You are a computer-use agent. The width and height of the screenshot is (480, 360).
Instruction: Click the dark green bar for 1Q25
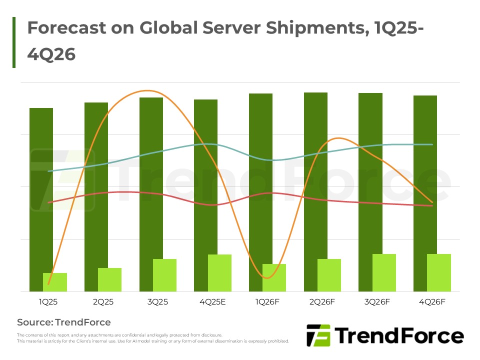coord(41,190)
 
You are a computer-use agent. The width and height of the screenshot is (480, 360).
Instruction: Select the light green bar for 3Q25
coord(164,275)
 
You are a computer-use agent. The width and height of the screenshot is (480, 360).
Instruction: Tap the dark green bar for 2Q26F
coord(315,175)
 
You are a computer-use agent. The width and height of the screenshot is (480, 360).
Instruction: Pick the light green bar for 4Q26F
coord(439,272)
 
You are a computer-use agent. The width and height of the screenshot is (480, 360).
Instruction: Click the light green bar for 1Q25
coord(55,282)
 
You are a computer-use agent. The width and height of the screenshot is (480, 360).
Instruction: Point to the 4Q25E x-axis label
coord(212,302)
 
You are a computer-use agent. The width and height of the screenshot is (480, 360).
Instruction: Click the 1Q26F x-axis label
coord(267,302)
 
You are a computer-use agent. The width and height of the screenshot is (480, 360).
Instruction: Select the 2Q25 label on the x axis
coord(103,302)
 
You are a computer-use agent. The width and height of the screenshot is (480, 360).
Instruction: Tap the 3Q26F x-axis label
coord(377,302)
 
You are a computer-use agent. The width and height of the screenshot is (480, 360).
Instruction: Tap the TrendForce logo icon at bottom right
coord(317,335)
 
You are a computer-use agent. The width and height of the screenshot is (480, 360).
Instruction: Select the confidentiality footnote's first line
coord(119,335)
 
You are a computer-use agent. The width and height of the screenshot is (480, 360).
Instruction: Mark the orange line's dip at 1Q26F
coord(265,278)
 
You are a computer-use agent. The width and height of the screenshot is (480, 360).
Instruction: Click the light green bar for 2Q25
coord(109,279)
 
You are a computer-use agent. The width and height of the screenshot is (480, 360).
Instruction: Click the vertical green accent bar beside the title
coord(14,42)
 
